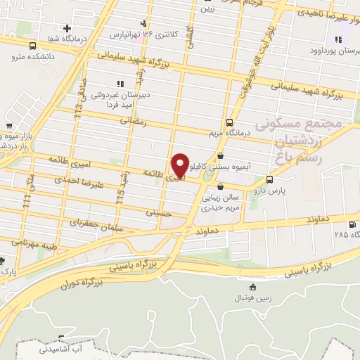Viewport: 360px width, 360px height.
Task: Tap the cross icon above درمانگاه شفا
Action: [x=67, y=29]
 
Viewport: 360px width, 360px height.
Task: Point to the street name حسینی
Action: [x=158, y=212]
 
